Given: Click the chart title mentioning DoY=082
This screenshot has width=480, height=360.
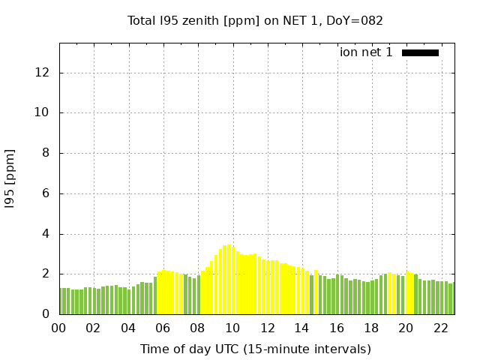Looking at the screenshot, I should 255,20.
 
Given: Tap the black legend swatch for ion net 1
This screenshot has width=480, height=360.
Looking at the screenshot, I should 420,52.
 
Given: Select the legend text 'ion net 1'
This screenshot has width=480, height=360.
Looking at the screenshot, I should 366,52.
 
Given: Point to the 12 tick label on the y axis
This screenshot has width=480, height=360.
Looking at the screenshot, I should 43,73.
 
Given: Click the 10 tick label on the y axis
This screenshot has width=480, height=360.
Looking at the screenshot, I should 43,113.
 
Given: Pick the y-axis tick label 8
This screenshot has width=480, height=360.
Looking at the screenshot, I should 46,154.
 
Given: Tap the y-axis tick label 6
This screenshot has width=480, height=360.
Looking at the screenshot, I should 46,193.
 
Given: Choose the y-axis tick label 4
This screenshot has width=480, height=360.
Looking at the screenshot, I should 46,234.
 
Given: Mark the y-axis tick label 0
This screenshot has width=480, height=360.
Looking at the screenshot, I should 46,314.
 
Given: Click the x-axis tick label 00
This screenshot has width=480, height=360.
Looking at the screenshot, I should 59,328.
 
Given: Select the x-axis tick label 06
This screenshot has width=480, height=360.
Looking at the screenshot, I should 163,328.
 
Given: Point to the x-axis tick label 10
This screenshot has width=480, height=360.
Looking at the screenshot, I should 232,328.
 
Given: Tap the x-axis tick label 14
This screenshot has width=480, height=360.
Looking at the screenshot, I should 301,328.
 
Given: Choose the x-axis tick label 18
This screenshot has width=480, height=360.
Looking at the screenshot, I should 371,328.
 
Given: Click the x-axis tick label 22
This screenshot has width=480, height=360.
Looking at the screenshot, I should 440,328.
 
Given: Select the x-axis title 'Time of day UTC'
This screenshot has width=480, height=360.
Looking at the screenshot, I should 255,349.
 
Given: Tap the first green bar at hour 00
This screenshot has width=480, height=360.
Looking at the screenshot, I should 61,301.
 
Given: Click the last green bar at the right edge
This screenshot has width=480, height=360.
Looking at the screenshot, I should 451,298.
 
